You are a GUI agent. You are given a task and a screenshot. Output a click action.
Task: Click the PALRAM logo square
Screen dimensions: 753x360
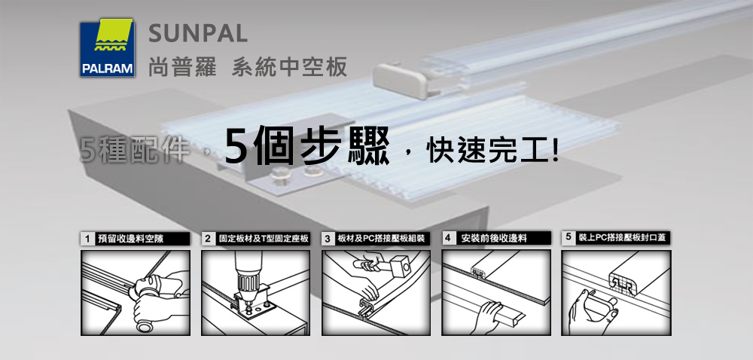coord(108,47)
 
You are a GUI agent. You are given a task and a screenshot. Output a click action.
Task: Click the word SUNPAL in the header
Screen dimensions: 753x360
coord(198,33)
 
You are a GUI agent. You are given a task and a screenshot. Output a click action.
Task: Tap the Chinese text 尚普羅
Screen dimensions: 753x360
coord(178,67)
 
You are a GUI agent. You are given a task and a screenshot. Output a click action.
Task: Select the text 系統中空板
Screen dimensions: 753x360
coord(289,67)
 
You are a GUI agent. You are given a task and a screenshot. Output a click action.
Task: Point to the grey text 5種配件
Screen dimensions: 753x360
coord(135,149)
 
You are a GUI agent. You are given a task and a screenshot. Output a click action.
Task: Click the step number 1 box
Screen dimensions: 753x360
coord(87,239)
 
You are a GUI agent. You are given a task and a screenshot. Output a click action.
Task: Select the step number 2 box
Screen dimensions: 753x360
coord(208,239)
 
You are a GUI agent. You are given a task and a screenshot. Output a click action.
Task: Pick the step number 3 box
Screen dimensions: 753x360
coord(328,239)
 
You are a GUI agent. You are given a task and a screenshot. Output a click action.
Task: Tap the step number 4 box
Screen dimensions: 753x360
coord(448,238)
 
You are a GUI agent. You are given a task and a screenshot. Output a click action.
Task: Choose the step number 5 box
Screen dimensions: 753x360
coord(568,237)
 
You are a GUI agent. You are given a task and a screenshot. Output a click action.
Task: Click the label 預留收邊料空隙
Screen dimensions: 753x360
coord(130,239)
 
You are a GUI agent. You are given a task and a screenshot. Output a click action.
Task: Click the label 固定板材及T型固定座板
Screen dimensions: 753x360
coord(263,239)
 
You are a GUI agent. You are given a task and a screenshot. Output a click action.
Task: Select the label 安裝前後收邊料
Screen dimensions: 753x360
coord(494,238)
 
